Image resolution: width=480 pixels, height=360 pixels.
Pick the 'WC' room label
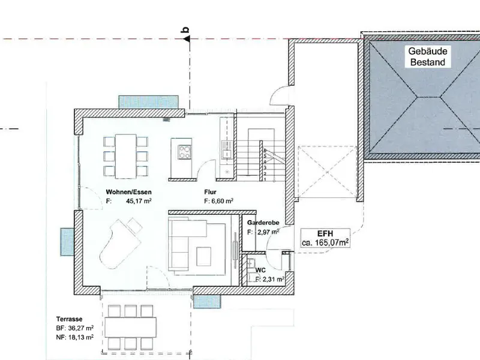pyautogui.click(x=260, y=270)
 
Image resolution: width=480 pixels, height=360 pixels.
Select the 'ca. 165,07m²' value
pyautogui.click(x=326, y=243)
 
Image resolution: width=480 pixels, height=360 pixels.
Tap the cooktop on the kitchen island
pyautogui.click(x=183, y=151)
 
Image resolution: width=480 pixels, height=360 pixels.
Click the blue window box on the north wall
pyautogui.click(x=149, y=101)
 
